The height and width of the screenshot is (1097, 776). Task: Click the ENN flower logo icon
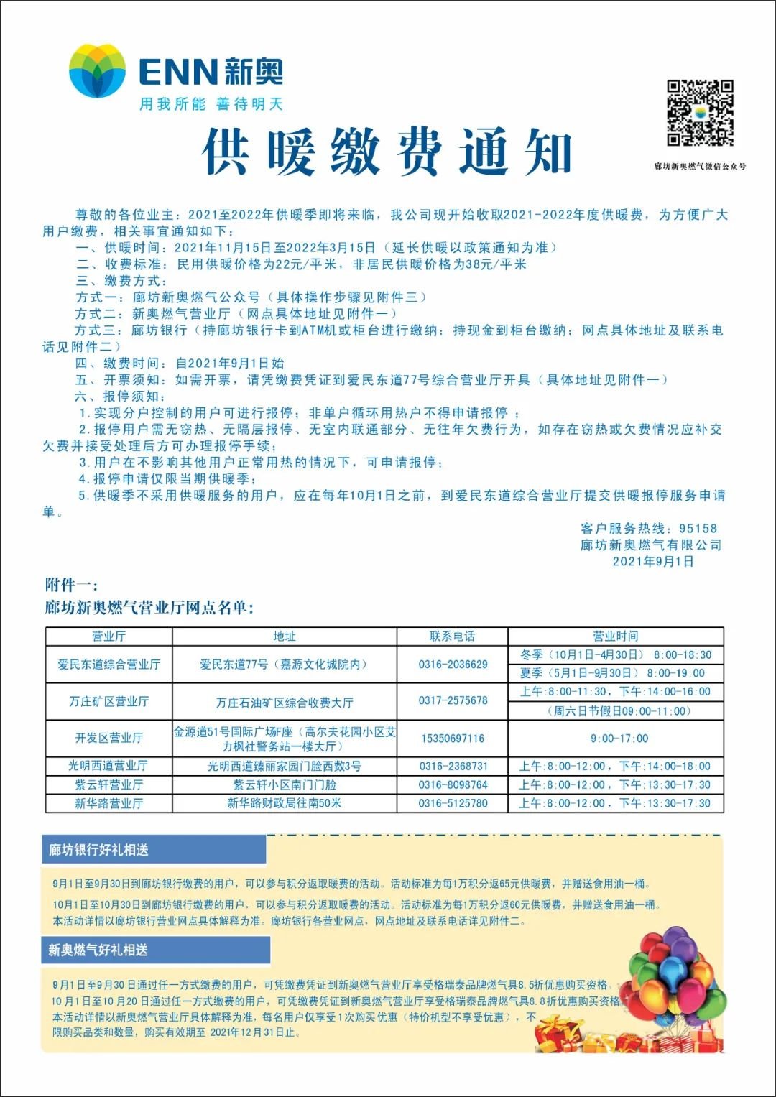coord(97,70)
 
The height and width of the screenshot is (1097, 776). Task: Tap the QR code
coord(700,113)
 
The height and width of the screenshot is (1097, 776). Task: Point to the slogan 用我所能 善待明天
coord(211,104)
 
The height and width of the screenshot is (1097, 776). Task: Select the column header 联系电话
coord(452,636)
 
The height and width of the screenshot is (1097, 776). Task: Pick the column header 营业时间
coord(615,636)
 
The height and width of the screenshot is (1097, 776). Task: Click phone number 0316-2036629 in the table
coord(453,664)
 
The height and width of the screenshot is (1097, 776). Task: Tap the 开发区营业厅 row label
coord(108,738)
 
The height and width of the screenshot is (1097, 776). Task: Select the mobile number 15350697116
coord(453,739)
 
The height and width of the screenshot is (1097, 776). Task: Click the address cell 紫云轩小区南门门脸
coord(284,784)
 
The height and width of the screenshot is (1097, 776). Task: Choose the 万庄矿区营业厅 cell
coord(108,701)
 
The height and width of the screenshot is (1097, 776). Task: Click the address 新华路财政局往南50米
coord(284,803)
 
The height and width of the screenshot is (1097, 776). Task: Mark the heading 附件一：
coord(71,585)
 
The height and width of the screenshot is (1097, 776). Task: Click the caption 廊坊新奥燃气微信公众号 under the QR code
coord(700,166)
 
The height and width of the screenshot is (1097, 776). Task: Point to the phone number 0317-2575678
coord(453,700)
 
